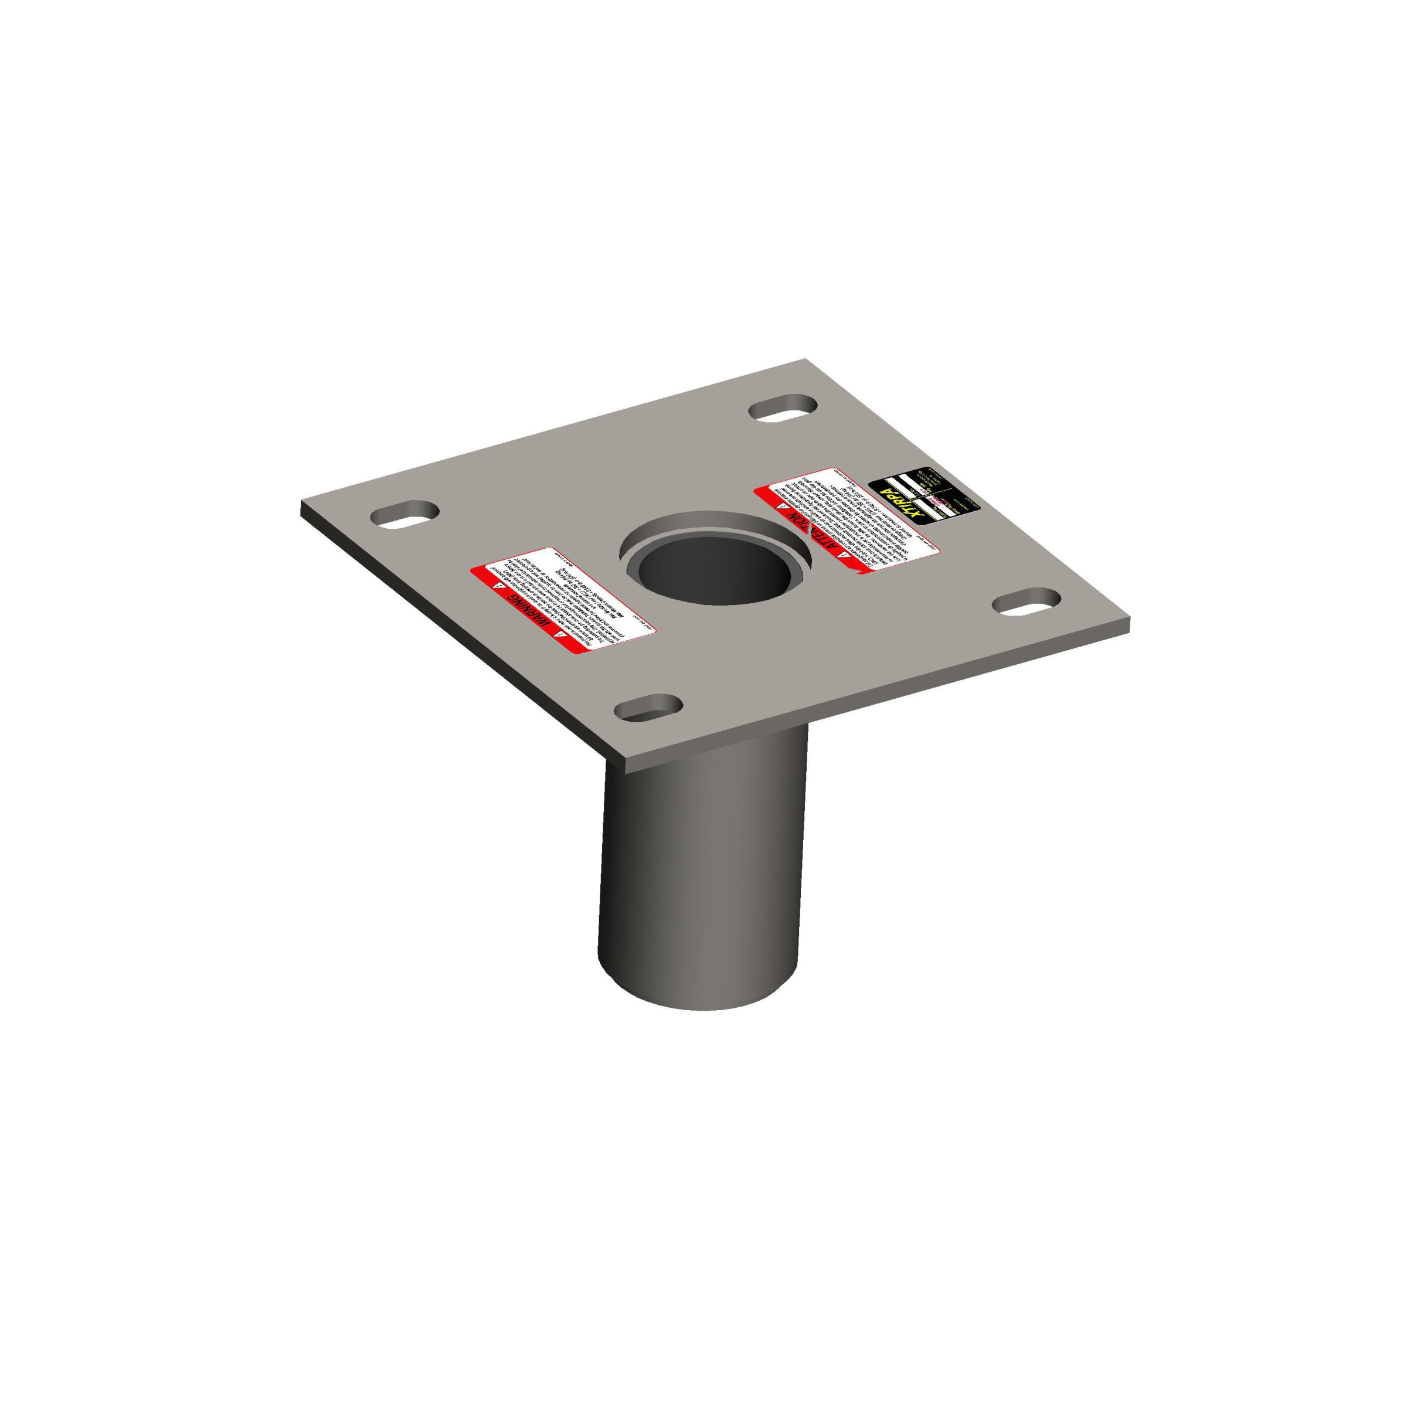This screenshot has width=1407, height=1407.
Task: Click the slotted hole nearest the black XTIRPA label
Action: pos(783,408)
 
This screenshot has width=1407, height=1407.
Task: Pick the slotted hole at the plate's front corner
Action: pos(648,707)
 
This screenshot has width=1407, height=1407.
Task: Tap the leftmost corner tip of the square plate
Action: pos(301,502)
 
